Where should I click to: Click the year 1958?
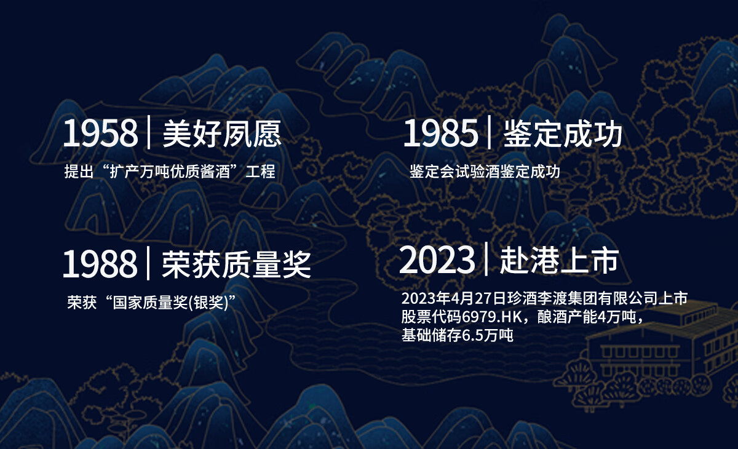[x=100, y=133]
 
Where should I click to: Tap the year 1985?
[x=440, y=133]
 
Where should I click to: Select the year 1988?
[x=100, y=263]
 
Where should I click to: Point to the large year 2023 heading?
[x=437, y=260]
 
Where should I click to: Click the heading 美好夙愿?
[x=222, y=133]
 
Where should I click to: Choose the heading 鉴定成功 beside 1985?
[x=563, y=133]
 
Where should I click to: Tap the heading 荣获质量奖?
[x=237, y=264]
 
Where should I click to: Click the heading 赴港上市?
[x=560, y=260]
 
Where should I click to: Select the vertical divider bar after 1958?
[x=149, y=132]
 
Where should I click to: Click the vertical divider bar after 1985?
[x=489, y=132]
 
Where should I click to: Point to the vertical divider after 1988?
[x=148, y=263]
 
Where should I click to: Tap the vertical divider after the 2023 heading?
[x=486, y=258]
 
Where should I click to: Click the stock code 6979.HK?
[x=492, y=317]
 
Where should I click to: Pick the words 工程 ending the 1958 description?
[x=260, y=172]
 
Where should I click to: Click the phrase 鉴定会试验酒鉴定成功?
[x=485, y=172]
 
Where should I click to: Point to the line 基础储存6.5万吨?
[x=458, y=335]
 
